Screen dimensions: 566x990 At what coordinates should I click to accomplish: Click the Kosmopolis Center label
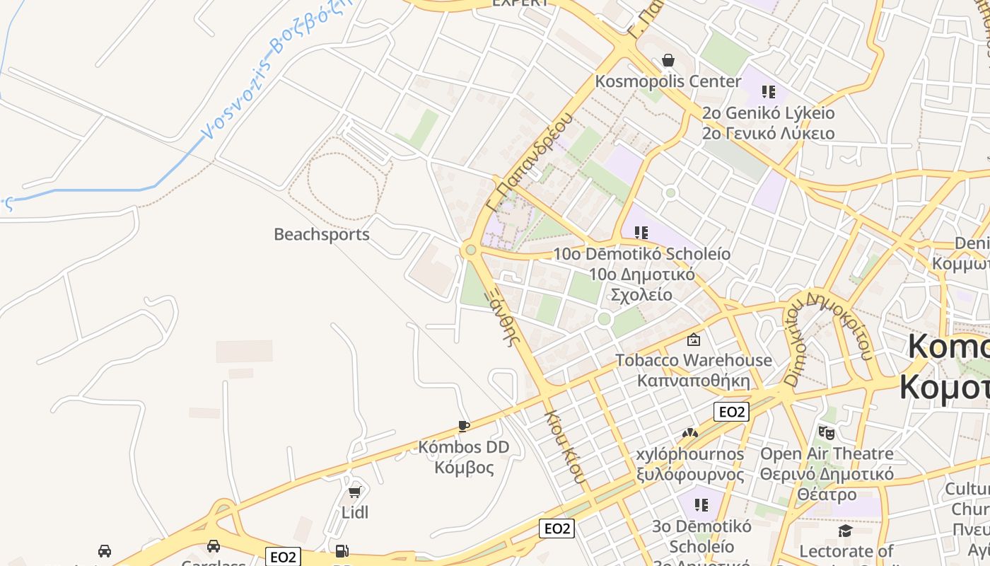668,81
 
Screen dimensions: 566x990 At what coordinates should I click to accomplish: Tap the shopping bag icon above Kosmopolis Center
668,61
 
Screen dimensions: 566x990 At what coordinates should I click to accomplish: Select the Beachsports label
322,234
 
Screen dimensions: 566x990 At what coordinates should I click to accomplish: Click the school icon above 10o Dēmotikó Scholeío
641,232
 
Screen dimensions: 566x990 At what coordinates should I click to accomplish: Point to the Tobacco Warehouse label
694,360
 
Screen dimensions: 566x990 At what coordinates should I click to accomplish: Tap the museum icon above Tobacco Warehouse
694,340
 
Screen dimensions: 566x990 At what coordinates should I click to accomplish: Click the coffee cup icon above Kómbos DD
463,426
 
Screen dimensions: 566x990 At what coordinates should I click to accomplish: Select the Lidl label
355,512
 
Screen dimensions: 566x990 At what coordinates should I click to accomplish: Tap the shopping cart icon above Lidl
355,491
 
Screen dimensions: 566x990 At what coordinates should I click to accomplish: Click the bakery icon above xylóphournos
690,432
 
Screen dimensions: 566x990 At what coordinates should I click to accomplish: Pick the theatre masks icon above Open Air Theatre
826,432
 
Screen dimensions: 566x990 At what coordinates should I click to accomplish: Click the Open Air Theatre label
827,454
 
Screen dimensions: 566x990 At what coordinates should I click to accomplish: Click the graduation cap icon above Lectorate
845,531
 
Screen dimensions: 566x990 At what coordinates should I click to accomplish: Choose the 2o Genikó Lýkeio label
768,113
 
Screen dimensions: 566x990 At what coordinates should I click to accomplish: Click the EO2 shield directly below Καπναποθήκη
731,412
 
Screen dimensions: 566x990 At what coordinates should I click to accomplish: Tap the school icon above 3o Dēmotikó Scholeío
701,505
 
